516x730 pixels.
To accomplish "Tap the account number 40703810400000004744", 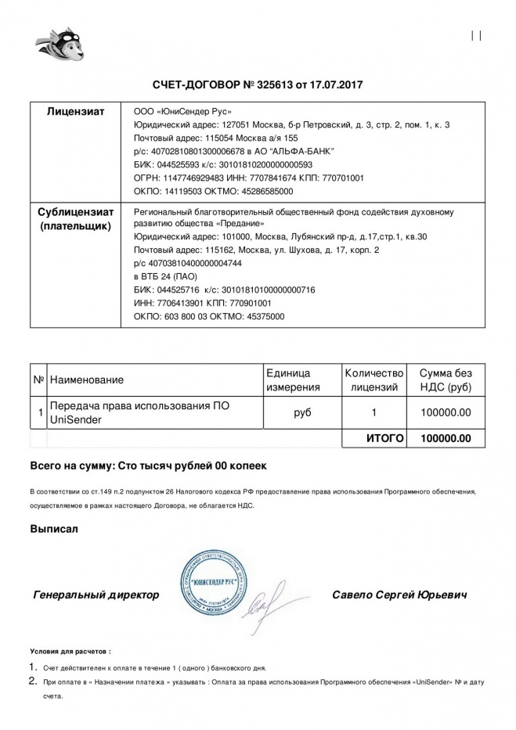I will tap(189, 263).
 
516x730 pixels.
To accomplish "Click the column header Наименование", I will tap(86, 379).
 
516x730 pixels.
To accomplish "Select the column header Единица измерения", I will tap(293, 379).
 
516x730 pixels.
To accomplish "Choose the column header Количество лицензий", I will tap(374, 379).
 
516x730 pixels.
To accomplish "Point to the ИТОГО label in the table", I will tap(385, 438).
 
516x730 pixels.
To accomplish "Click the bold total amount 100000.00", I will tap(446, 438).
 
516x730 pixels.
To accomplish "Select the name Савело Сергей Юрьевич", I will tap(400, 595).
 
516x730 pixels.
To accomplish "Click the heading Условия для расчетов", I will tap(70, 650).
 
